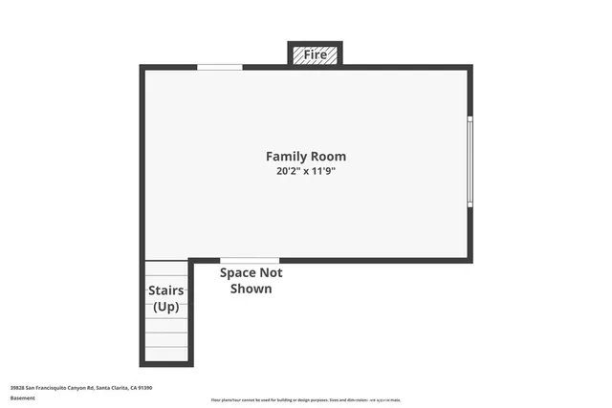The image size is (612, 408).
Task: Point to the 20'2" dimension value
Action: coord(286,171)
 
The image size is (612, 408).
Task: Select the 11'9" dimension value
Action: coord(326,171)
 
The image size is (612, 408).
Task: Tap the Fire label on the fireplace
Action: coord(316,55)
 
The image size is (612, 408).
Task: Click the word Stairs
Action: coord(165,290)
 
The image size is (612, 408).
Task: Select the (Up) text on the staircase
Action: coord(165,307)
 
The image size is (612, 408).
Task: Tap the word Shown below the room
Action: coord(251,288)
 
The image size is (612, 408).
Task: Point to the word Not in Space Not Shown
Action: coord(272,272)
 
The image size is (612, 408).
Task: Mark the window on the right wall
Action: coord(470,161)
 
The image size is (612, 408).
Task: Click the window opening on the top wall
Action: coord(219,67)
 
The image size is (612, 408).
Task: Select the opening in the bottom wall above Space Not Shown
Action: coord(250,260)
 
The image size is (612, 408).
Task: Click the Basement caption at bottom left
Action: coord(22,397)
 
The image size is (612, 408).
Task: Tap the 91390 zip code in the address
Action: coord(145,387)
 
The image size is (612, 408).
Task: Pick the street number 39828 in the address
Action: coord(17,387)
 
